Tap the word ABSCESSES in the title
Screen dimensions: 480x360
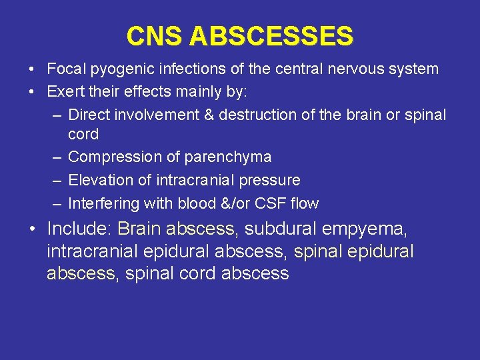click(271, 36)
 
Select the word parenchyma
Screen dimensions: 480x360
click(231, 157)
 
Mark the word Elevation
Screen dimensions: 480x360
click(101, 180)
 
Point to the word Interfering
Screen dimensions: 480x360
click(104, 203)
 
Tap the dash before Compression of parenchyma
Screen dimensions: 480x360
click(57, 157)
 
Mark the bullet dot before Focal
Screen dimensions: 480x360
click(32, 69)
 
